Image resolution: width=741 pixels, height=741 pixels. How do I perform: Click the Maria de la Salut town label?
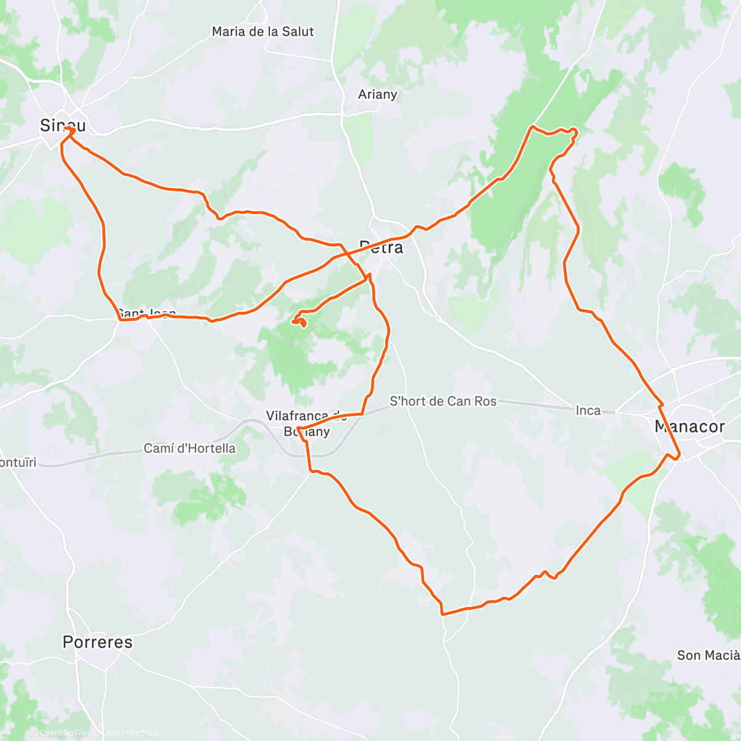coord(262,31)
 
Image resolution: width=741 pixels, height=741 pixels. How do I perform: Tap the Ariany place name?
coord(377,94)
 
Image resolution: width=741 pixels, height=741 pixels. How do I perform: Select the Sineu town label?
coord(62,125)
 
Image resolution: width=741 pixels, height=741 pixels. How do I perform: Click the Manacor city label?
coord(689,427)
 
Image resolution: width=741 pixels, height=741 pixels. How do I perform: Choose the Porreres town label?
coord(98,642)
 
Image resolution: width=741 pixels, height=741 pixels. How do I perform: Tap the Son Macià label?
coord(708,655)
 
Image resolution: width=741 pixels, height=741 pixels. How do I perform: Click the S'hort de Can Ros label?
coord(443,401)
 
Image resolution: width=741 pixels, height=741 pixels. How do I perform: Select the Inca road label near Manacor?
coord(588,411)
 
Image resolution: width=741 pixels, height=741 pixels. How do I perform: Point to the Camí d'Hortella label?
coord(190,448)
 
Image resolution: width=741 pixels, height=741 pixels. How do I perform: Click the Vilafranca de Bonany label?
coord(306,424)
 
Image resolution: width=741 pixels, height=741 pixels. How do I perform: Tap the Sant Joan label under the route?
coord(146,314)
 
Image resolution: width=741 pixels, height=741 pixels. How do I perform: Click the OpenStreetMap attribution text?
coord(129,733)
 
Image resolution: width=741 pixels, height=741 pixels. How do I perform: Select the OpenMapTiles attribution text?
coord(64,733)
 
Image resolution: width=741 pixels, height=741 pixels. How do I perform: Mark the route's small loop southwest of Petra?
coord(299,320)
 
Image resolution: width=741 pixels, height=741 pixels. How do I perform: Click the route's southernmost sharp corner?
coord(442,614)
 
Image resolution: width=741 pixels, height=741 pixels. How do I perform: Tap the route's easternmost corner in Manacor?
coord(679,458)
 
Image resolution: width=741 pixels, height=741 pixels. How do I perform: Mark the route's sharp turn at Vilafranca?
coord(298,428)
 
